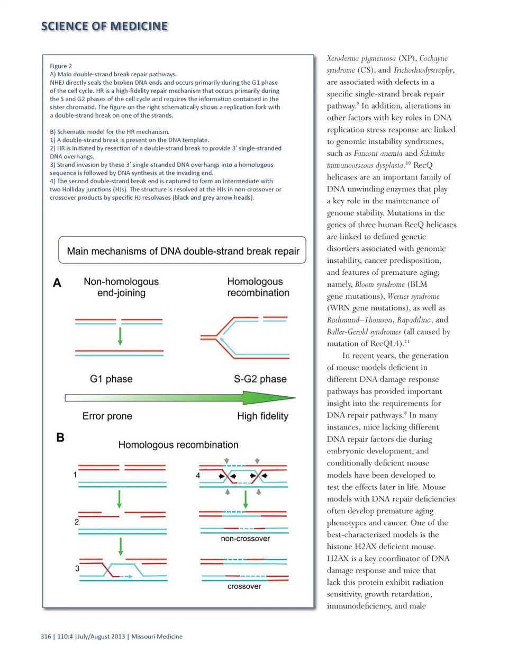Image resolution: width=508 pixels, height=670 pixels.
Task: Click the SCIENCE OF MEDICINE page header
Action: (x=104, y=26)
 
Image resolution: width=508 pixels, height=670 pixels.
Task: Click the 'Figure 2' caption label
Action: (x=61, y=66)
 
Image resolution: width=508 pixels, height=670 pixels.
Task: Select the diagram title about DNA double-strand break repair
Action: (x=183, y=251)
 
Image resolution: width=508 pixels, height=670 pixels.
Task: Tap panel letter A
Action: (x=57, y=283)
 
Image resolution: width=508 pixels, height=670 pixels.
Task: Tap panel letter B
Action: (x=60, y=437)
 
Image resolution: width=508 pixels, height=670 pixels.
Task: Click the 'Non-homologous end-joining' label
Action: (x=121, y=287)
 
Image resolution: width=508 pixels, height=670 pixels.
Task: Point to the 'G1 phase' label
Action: (x=111, y=379)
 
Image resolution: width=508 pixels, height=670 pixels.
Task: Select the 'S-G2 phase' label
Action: (x=260, y=379)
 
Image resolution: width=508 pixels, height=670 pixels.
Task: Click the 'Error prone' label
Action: (x=107, y=416)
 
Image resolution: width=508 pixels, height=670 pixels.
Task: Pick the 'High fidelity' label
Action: (x=262, y=416)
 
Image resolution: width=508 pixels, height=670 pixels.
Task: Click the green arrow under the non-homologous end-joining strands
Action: (x=120, y=336)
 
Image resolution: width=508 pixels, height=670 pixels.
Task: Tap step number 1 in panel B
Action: (x=75, y=475)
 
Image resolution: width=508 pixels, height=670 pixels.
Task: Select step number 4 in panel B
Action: (x=198, y=475)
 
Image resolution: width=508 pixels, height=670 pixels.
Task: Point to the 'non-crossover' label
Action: (x=245, y=539)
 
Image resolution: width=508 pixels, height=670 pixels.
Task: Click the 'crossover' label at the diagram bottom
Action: (x=244, y=586)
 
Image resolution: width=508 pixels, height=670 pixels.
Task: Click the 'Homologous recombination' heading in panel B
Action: (x=178, y=445)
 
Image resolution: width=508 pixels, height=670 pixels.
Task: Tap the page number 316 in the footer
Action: (x=46, y=636)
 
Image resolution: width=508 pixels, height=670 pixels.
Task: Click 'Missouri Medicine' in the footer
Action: (x=157, y=636)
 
